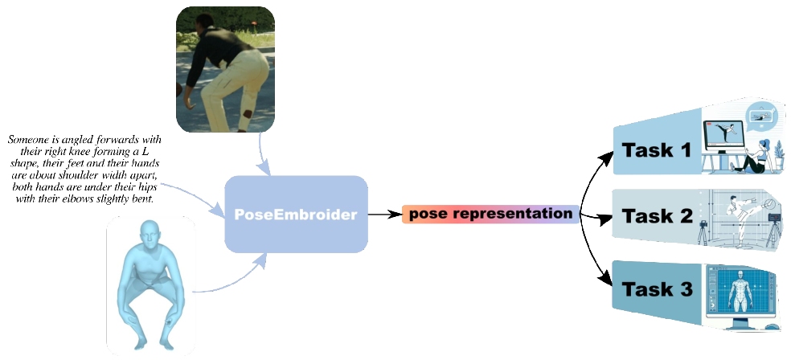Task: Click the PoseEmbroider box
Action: (296, 215)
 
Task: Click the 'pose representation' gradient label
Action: (490, 215)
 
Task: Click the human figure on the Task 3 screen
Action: (737, 294)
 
